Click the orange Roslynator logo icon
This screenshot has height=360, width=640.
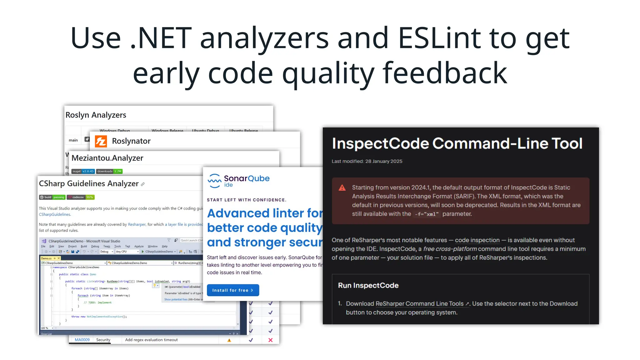(101, 141)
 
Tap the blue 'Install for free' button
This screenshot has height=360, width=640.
(233, 290)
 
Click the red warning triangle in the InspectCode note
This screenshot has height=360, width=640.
(342, 188)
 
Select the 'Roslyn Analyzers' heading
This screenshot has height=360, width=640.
(96, 115)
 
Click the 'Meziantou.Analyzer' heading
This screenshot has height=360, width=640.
(107, 158)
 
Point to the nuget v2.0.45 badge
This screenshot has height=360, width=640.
(83, 171)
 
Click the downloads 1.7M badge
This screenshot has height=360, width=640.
(109, 171)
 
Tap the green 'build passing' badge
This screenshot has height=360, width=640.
(52, 197)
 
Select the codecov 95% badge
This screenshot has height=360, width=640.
(81, 197)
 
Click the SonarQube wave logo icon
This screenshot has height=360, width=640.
(214, 181)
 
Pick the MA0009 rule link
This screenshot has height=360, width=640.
(82, 340)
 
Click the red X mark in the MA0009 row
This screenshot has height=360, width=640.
(271, 340)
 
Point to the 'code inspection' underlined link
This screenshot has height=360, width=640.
(477, 240)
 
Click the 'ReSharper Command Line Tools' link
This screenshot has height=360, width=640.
(419, 304)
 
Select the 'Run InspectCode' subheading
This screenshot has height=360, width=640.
(368, 285)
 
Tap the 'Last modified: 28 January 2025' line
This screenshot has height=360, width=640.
(367, 161)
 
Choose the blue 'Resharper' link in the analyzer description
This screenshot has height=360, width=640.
(137, 224)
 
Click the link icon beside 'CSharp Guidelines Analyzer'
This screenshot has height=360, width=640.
(143, 184)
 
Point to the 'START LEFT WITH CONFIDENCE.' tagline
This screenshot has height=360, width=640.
(247, 200)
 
